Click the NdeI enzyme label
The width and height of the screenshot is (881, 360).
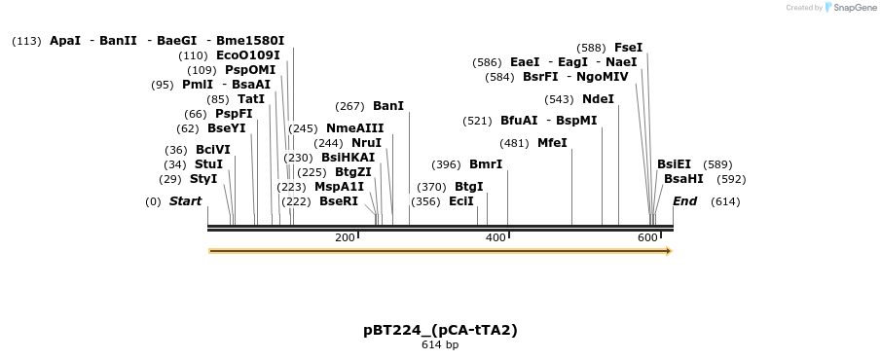(598, 99)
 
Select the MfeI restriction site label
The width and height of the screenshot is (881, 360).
(552, 143)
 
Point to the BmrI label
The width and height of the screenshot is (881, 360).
(486, 164)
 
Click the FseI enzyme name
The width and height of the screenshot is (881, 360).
(628, 48)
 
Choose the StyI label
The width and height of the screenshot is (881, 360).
(203, 179)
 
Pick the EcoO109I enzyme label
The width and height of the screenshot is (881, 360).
(248, 55)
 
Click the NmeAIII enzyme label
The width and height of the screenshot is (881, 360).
(355, 128)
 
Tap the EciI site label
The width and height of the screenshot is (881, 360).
(461, 201)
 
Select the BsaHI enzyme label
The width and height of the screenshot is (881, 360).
(683, 179)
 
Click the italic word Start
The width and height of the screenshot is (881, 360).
(185, 201)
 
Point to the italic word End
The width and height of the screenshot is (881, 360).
(685, 201)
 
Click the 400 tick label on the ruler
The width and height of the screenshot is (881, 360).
(496, 238)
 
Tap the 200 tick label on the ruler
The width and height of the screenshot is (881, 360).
(345, 238)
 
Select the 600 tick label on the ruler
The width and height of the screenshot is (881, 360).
(647, 238)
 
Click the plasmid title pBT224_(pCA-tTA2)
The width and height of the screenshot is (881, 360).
(440, 330)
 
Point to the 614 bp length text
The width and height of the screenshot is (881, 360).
(440, 344)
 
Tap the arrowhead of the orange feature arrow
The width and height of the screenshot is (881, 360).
(668, 251)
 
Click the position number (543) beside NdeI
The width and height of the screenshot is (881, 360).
(560, 99)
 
